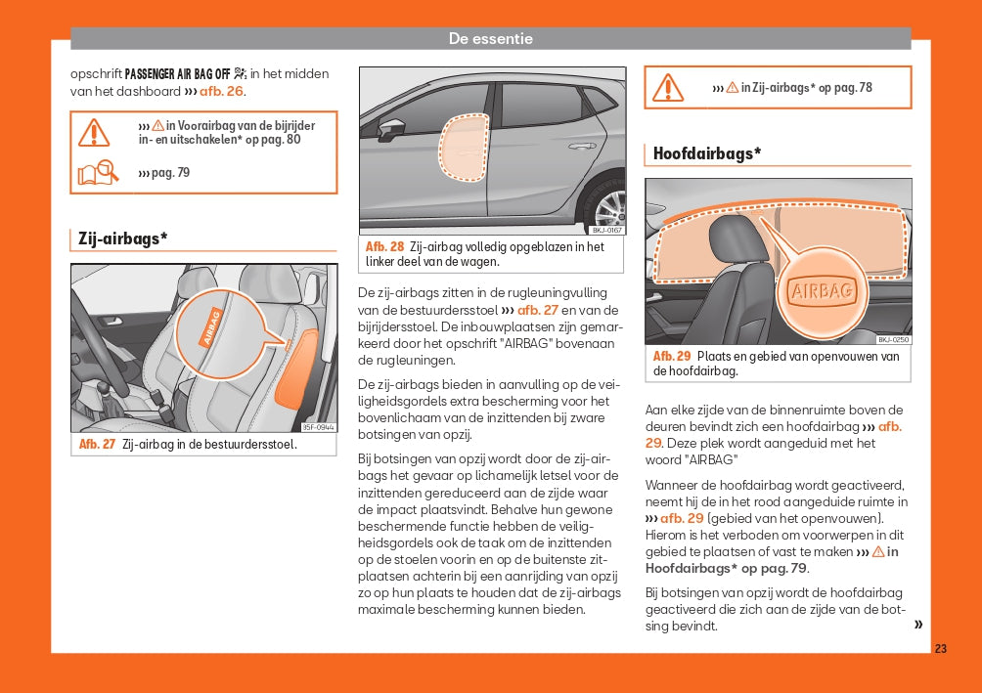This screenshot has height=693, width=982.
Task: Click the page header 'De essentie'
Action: click(x=491, y=39)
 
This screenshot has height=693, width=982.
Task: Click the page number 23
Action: click(x=940, y=649)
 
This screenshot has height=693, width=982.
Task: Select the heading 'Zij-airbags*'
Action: click(x=122, y=238)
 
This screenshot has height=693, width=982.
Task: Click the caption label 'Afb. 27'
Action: click(x=97, y=445)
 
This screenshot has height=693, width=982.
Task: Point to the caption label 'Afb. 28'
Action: click(x=384, y=247)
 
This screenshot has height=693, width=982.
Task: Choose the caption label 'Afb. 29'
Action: click(x=672, y=357)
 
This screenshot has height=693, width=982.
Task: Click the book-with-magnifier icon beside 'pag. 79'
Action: click(x=98, y=173)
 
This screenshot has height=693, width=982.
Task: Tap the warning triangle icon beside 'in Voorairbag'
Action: click(x=95, y=132)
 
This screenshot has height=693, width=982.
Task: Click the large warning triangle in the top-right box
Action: click(x=668, y=87)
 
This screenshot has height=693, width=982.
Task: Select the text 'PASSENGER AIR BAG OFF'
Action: click(x=176, y=73)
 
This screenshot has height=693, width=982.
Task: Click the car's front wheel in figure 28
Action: click(x=608, y=206)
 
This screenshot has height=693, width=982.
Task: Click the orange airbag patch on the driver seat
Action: click(x=296, y=367)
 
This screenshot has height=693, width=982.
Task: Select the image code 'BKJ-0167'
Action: click(x=606, y=231)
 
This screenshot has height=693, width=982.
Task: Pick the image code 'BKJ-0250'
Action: click(x=893, y=339)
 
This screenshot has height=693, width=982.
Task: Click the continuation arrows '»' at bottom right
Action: click(x=917, y=625)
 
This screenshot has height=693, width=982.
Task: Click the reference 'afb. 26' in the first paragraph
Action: click(x=222, y=91)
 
